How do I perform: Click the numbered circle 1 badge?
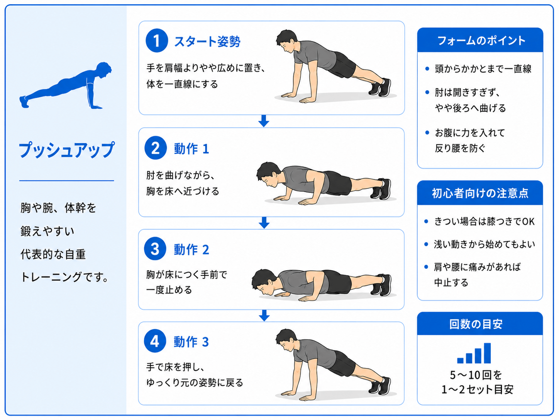[157, 41]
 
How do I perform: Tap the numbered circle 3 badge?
[155, 249]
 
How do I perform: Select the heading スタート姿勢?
[207, 41]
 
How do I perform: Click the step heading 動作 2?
[191, 249]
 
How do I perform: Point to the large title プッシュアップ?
[67, 150]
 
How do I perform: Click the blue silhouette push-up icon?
[66, 85]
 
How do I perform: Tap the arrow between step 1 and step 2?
[264, 121]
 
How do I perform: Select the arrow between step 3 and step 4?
[264, 316]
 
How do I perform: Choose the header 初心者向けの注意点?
[480, 193]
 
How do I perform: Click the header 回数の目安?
[476, 324]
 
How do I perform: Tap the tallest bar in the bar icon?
[487, 353]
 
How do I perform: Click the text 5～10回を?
[476, 375]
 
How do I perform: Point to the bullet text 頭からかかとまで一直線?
[483, 69]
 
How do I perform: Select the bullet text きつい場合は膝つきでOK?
[484, 221]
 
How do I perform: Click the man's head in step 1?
[286, 41]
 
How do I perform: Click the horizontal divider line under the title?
[66, 181]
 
